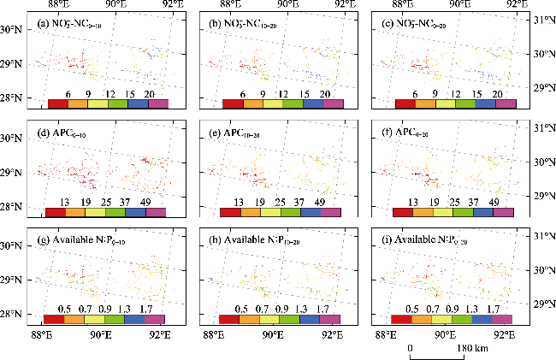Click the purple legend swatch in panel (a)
pyautogui.click(x=157, y=104)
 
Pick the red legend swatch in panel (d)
pyautogui.click(x=56, y=213)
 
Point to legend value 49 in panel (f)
pyautogui.click(x=494, y=201)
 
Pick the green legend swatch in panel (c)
pyautogui.click(x=464, y=104)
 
